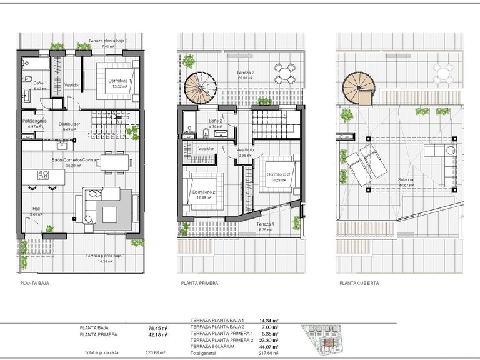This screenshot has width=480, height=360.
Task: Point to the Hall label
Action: [36, 209]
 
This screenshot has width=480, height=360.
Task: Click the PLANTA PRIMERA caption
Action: [199, 283]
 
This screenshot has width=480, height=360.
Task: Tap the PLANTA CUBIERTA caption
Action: [359, 283]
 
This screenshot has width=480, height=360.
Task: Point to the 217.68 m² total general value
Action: [269, 353]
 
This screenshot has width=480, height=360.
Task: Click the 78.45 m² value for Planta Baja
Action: [158, 327]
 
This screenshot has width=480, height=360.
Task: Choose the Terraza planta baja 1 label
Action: [106, 256]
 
